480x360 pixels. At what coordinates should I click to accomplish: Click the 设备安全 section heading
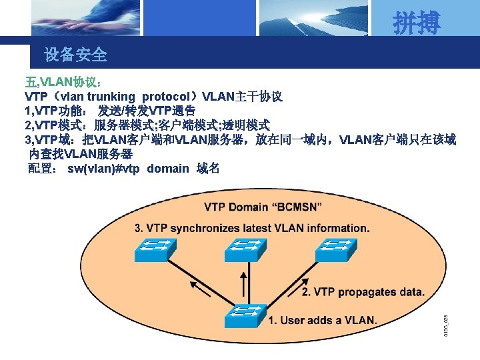[75, 55]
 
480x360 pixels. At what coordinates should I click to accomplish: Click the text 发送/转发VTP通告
[147, 111]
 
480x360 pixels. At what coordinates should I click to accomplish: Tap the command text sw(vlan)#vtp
[103, 168]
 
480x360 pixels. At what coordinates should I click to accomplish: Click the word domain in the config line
[168, 168]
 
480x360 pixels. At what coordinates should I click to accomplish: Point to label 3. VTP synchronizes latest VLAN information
[252, 228]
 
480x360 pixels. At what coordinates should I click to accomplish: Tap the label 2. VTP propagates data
[363, 292]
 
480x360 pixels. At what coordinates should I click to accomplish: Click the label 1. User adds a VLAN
[323, 320]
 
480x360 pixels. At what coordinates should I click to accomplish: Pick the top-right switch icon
[338, 249]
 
